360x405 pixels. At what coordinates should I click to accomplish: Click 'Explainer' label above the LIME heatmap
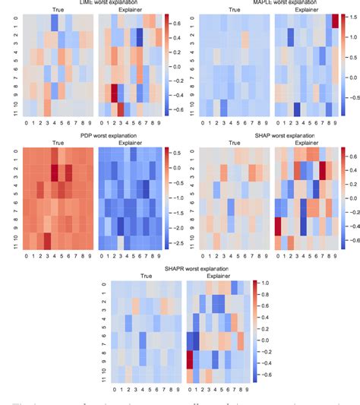[x=125, y=11]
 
